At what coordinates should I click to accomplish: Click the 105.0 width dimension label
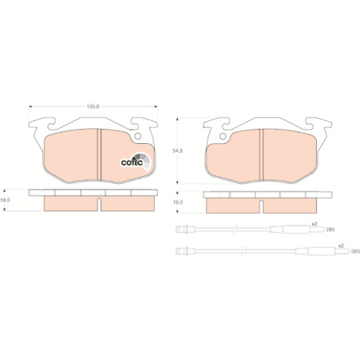tap(93, 107)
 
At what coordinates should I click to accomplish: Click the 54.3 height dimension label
tap(178, 151)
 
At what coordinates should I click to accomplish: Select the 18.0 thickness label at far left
tap(5, 200)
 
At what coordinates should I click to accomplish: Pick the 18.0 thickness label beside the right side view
tap(178, 202)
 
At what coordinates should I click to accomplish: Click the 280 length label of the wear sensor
tap(330, 230)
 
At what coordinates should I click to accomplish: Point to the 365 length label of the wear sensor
tap(355, 252)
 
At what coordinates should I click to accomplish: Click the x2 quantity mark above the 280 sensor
tap(314, 224)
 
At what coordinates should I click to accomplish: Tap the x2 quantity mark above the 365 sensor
tap(341, 246)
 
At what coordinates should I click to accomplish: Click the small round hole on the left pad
tap(138, 136)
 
